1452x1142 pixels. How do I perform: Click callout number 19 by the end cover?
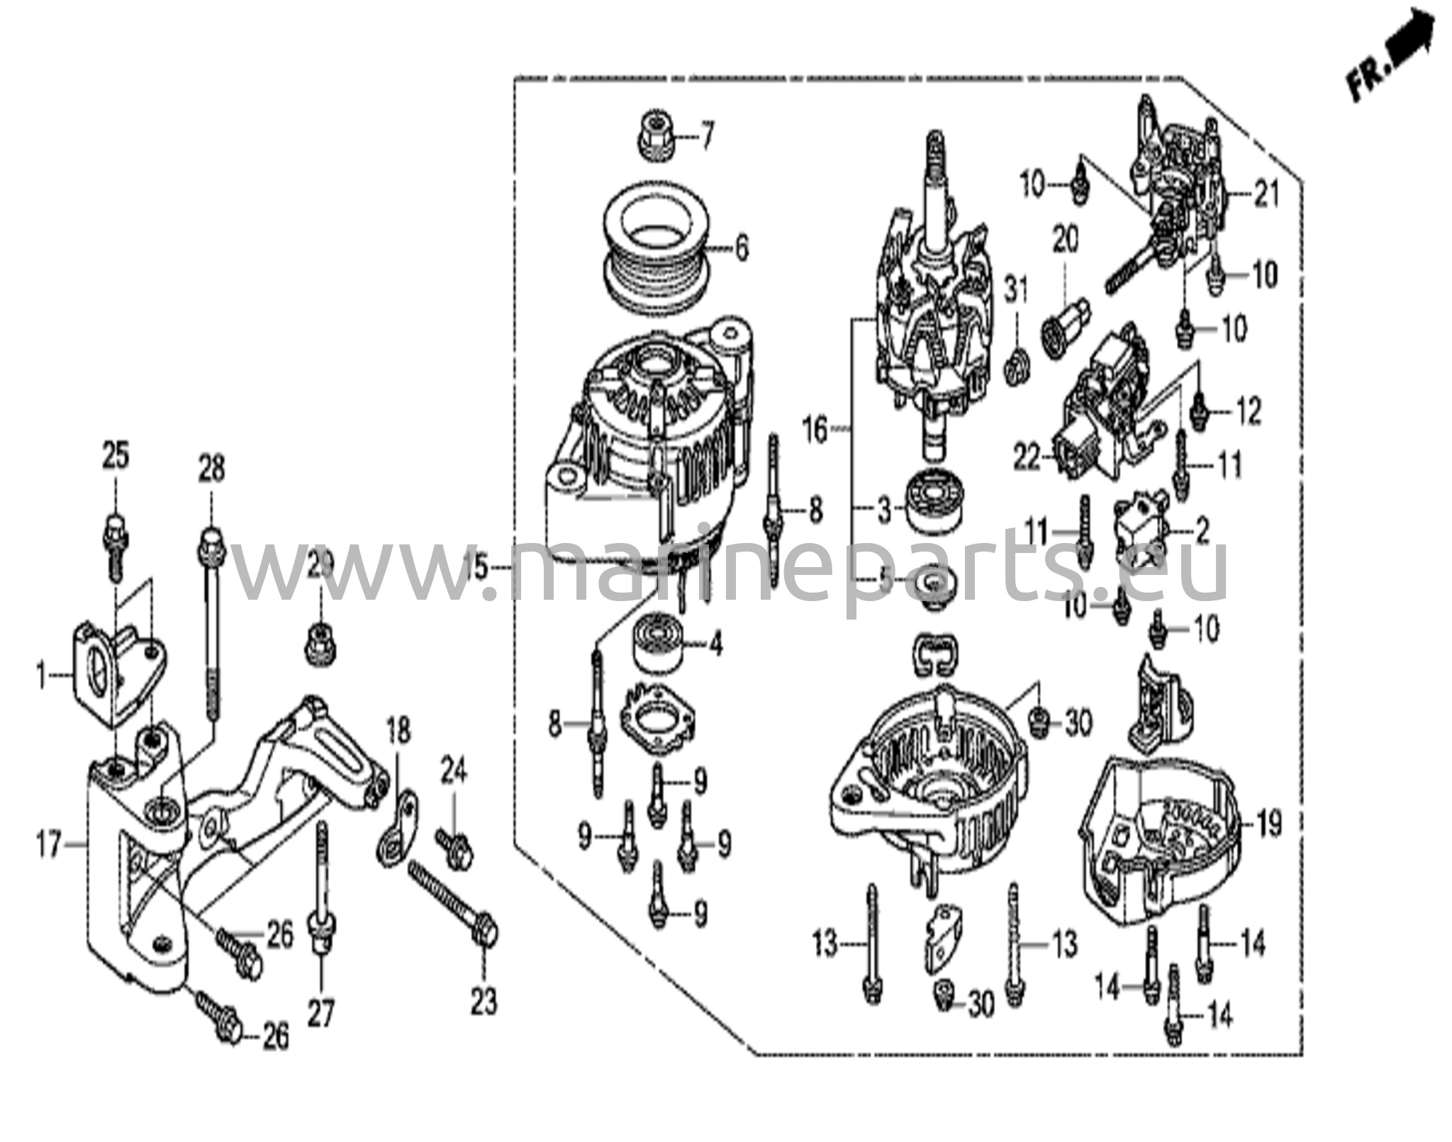(x=1268, y=824)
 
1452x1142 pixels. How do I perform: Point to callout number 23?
(x=484, y=1002)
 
